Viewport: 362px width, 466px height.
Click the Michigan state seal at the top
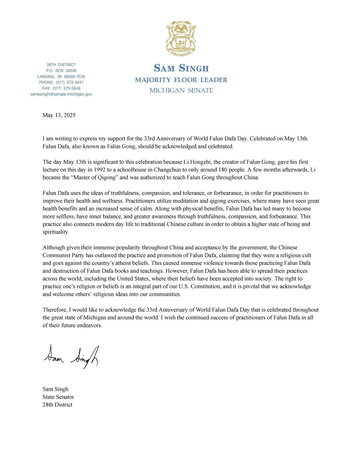click(181, 38)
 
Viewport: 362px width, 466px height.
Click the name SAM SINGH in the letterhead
click(181, 68)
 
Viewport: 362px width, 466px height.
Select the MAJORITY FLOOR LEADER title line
click(181, 80)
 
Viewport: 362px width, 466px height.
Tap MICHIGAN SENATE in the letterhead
click(181, 90)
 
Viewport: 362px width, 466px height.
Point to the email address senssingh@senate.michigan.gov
click(61, 94)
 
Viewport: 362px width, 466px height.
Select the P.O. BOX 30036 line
click(61, 71)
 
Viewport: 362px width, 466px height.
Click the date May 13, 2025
click(59, 115)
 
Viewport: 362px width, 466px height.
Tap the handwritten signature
click(71, 357)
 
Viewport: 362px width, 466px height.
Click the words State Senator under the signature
click(58, 397)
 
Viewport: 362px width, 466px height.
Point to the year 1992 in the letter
click(100, 170)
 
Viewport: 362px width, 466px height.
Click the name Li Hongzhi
click(197, 162)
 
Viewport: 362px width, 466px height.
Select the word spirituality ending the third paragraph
click(56, 232)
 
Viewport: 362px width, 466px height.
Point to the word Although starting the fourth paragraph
click(53, 248)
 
